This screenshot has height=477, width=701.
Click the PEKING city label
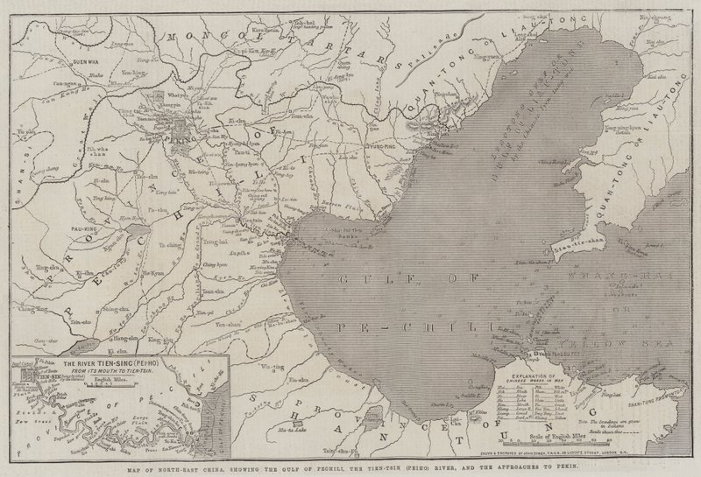188,137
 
